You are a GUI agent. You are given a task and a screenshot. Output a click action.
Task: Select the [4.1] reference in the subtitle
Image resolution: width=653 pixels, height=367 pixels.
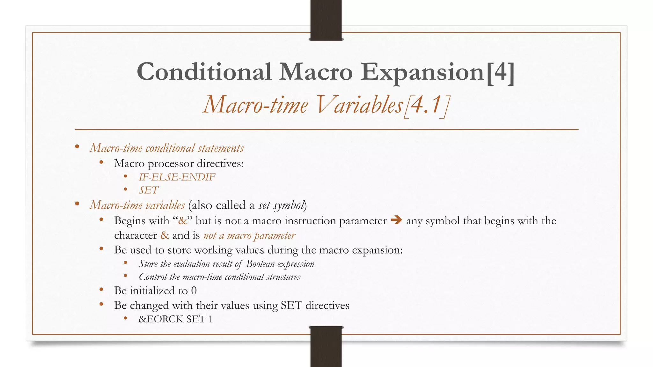[x=427, y=105]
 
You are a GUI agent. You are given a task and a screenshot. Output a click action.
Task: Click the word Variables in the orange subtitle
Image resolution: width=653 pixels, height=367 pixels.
[x=359, y=105]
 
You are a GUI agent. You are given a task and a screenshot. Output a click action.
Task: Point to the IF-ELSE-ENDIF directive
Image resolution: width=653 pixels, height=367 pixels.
[x=177, y=177]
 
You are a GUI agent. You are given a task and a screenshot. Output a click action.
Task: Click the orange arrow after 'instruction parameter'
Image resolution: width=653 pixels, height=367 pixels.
[x=396, y=220]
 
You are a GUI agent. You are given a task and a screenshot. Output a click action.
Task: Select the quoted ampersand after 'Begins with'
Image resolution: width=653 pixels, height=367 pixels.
[x=182, y=221]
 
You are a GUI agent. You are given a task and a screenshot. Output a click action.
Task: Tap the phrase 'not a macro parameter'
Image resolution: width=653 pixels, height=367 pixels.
[x=249, y=235]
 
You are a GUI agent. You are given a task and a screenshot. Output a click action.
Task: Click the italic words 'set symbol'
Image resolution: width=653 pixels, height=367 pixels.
[x=281, y=205]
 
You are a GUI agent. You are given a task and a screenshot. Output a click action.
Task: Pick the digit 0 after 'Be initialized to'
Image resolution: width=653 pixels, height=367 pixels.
[x=194, y=291]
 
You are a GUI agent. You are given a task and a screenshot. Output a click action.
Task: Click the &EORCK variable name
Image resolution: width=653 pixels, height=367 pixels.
[x=161, y=319]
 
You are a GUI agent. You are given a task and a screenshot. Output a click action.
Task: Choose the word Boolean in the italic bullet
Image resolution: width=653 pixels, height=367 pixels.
[x=260, y=264]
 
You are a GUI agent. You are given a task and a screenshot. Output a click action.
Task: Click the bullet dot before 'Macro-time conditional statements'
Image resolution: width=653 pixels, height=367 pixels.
[x=77, y=147]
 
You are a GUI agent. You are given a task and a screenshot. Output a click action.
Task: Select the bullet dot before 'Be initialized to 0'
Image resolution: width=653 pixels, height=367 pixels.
[x=101, y=290]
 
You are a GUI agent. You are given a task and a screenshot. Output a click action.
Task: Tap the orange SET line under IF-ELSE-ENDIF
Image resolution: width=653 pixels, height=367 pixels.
[x=149, y=190]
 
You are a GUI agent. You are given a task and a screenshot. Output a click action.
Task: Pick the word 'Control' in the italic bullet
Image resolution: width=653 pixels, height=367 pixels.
[x=153, y=277]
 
